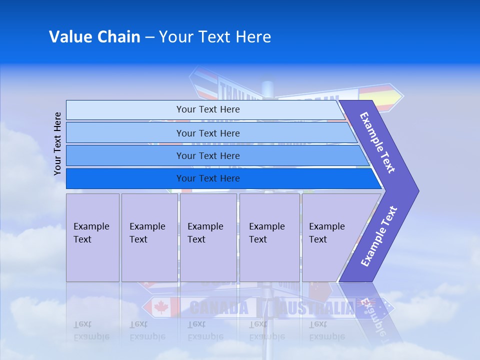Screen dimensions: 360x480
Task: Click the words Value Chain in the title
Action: pos(94,36)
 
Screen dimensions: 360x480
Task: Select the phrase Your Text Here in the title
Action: pos(215,36)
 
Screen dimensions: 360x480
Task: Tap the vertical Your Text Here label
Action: pos(57,143)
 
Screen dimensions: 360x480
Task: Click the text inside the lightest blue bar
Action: pos(208,109)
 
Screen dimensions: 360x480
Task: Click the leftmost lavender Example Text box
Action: pos(92,237)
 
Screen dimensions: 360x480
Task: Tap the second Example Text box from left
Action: pos(149,237)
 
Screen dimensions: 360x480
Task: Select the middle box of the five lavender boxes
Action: pos(208,237)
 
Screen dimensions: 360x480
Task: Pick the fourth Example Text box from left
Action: pos(269,237)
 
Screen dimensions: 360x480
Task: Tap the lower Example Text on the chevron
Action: pos(379,236)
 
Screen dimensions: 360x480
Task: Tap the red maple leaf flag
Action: pos(161,307)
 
